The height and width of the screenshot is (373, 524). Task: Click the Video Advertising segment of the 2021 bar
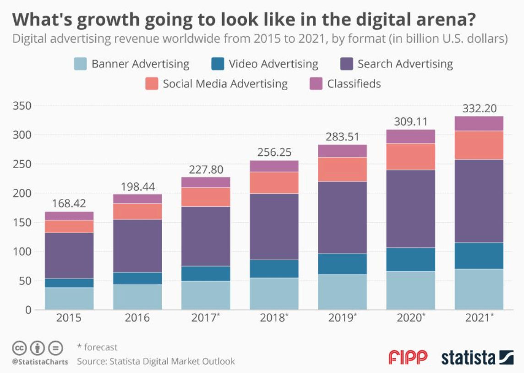pos(479,256)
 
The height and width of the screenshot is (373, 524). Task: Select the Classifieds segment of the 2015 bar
pos(69,216)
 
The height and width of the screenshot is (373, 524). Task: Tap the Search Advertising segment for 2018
pos(274,227)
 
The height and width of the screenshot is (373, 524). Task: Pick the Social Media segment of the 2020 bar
pos(410,157)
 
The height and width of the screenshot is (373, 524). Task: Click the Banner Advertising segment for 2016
pos(137,297)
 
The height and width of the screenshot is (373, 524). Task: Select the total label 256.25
pos(274,153)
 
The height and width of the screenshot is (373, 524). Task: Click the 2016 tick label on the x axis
pos(137,318)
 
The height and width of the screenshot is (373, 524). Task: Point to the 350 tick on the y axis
pos(22,106)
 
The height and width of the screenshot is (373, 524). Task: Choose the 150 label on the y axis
pos(22,223)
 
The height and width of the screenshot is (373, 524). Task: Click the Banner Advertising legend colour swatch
pos(80,64)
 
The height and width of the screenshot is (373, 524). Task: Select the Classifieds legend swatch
pos(316,84)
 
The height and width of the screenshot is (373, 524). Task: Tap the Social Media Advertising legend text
pos(225,84)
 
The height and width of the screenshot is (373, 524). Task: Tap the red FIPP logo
pos(408,357)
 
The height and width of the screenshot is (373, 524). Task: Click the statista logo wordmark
pos(469,358)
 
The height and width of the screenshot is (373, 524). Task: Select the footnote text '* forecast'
pos(97,347)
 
